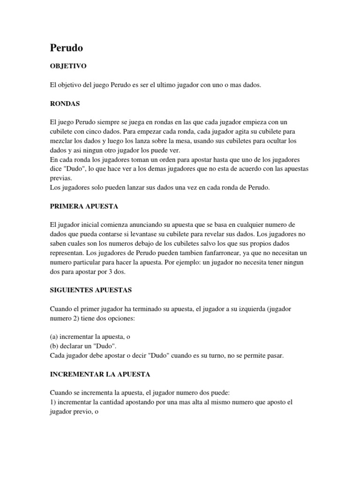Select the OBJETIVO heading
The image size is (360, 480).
tap(68, 67)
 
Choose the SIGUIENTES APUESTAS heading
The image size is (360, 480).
tap(90, 290)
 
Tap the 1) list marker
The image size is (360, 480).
tap(53, 402)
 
